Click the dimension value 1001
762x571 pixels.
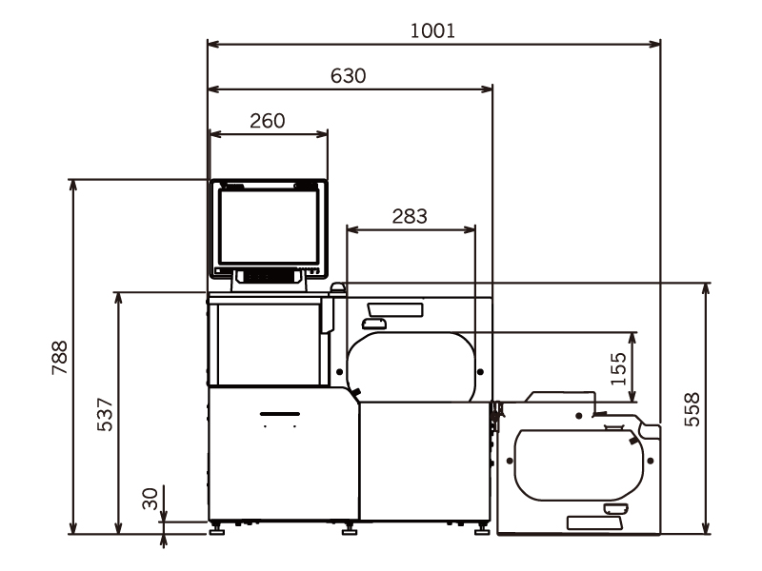[x=432, y=31]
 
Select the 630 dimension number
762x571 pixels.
[x=348, y=76]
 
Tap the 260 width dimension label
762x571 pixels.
[x=268, y=121]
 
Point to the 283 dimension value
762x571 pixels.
[x=410, y=216]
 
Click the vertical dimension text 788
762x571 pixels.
[x=60, y=358]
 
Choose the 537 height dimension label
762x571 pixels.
[x=105, y=415]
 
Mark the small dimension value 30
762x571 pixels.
[x=150, y=499]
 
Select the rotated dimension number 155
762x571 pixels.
[x=618, y=369]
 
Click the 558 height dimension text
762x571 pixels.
[x=692, y=409]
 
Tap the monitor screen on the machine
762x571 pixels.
[x=269, y=226]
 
